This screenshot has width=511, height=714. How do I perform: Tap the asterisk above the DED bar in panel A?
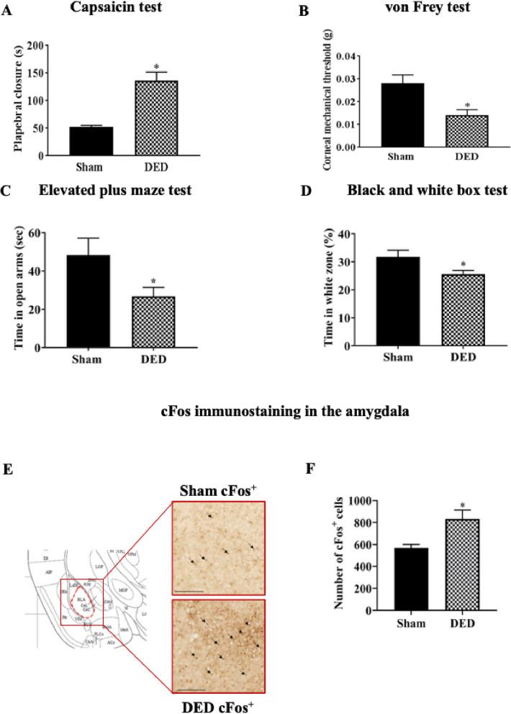[x=156, y=67]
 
